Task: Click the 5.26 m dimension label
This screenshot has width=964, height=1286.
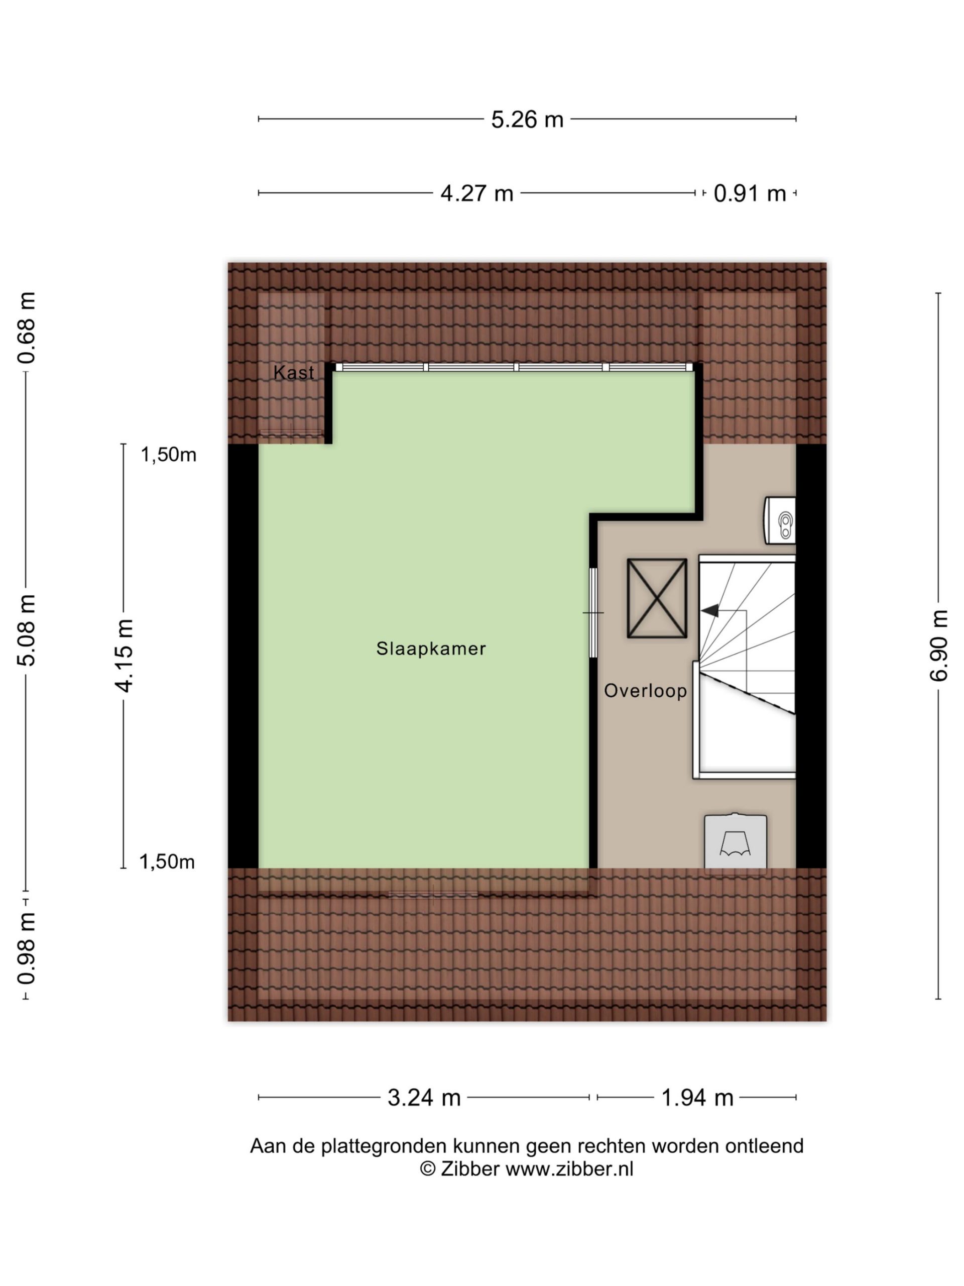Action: [x=527, y=119]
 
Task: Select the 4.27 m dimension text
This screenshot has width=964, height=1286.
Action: [x=476, y=193]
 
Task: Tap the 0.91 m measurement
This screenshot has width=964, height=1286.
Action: [x=749, y=193]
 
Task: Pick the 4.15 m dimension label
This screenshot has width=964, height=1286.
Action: [x=124, y=655]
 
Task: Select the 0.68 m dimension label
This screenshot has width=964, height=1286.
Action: [x=27, y=329]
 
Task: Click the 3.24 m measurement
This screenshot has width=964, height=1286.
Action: [x=424, y=1098]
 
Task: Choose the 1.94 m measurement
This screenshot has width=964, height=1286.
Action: [x=697, y=1098]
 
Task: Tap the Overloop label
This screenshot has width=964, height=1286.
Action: [x=645, y=691]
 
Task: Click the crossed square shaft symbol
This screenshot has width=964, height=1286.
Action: [x=657, y=598]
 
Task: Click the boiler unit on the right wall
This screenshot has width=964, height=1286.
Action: [x=780, y=520]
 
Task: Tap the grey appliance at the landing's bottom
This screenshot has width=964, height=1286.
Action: [x=735, y=841]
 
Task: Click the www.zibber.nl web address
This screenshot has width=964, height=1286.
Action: [x=569, y=1168]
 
